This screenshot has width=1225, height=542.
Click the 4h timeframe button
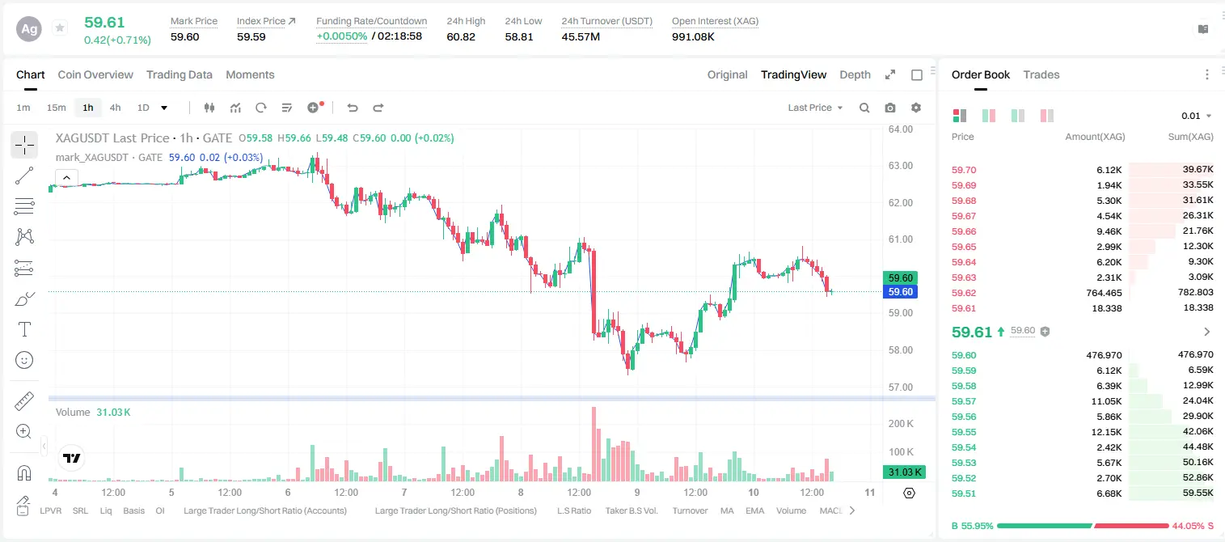115,108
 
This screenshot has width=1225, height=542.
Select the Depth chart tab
855,74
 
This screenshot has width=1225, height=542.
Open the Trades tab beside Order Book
1041,74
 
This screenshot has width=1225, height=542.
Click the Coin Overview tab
95,74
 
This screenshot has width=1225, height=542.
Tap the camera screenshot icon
889,108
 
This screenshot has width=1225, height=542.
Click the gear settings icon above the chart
916,108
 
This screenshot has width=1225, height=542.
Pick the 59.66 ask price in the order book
964,231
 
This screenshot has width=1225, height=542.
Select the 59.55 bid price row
964,432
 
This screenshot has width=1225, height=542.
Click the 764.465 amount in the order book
1104,293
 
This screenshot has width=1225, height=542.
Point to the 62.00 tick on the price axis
900,203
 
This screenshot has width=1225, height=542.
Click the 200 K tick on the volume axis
901,424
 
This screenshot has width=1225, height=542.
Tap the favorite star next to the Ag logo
60,28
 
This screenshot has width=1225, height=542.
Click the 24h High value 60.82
460,36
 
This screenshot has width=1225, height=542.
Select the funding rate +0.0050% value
342,36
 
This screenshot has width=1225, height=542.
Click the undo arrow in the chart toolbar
353,108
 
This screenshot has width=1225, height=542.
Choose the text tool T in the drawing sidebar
24,329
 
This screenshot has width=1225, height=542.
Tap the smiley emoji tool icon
24,360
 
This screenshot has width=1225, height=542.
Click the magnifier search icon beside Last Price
864,108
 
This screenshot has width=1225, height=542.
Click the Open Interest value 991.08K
693,36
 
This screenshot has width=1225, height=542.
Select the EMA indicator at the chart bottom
754,510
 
